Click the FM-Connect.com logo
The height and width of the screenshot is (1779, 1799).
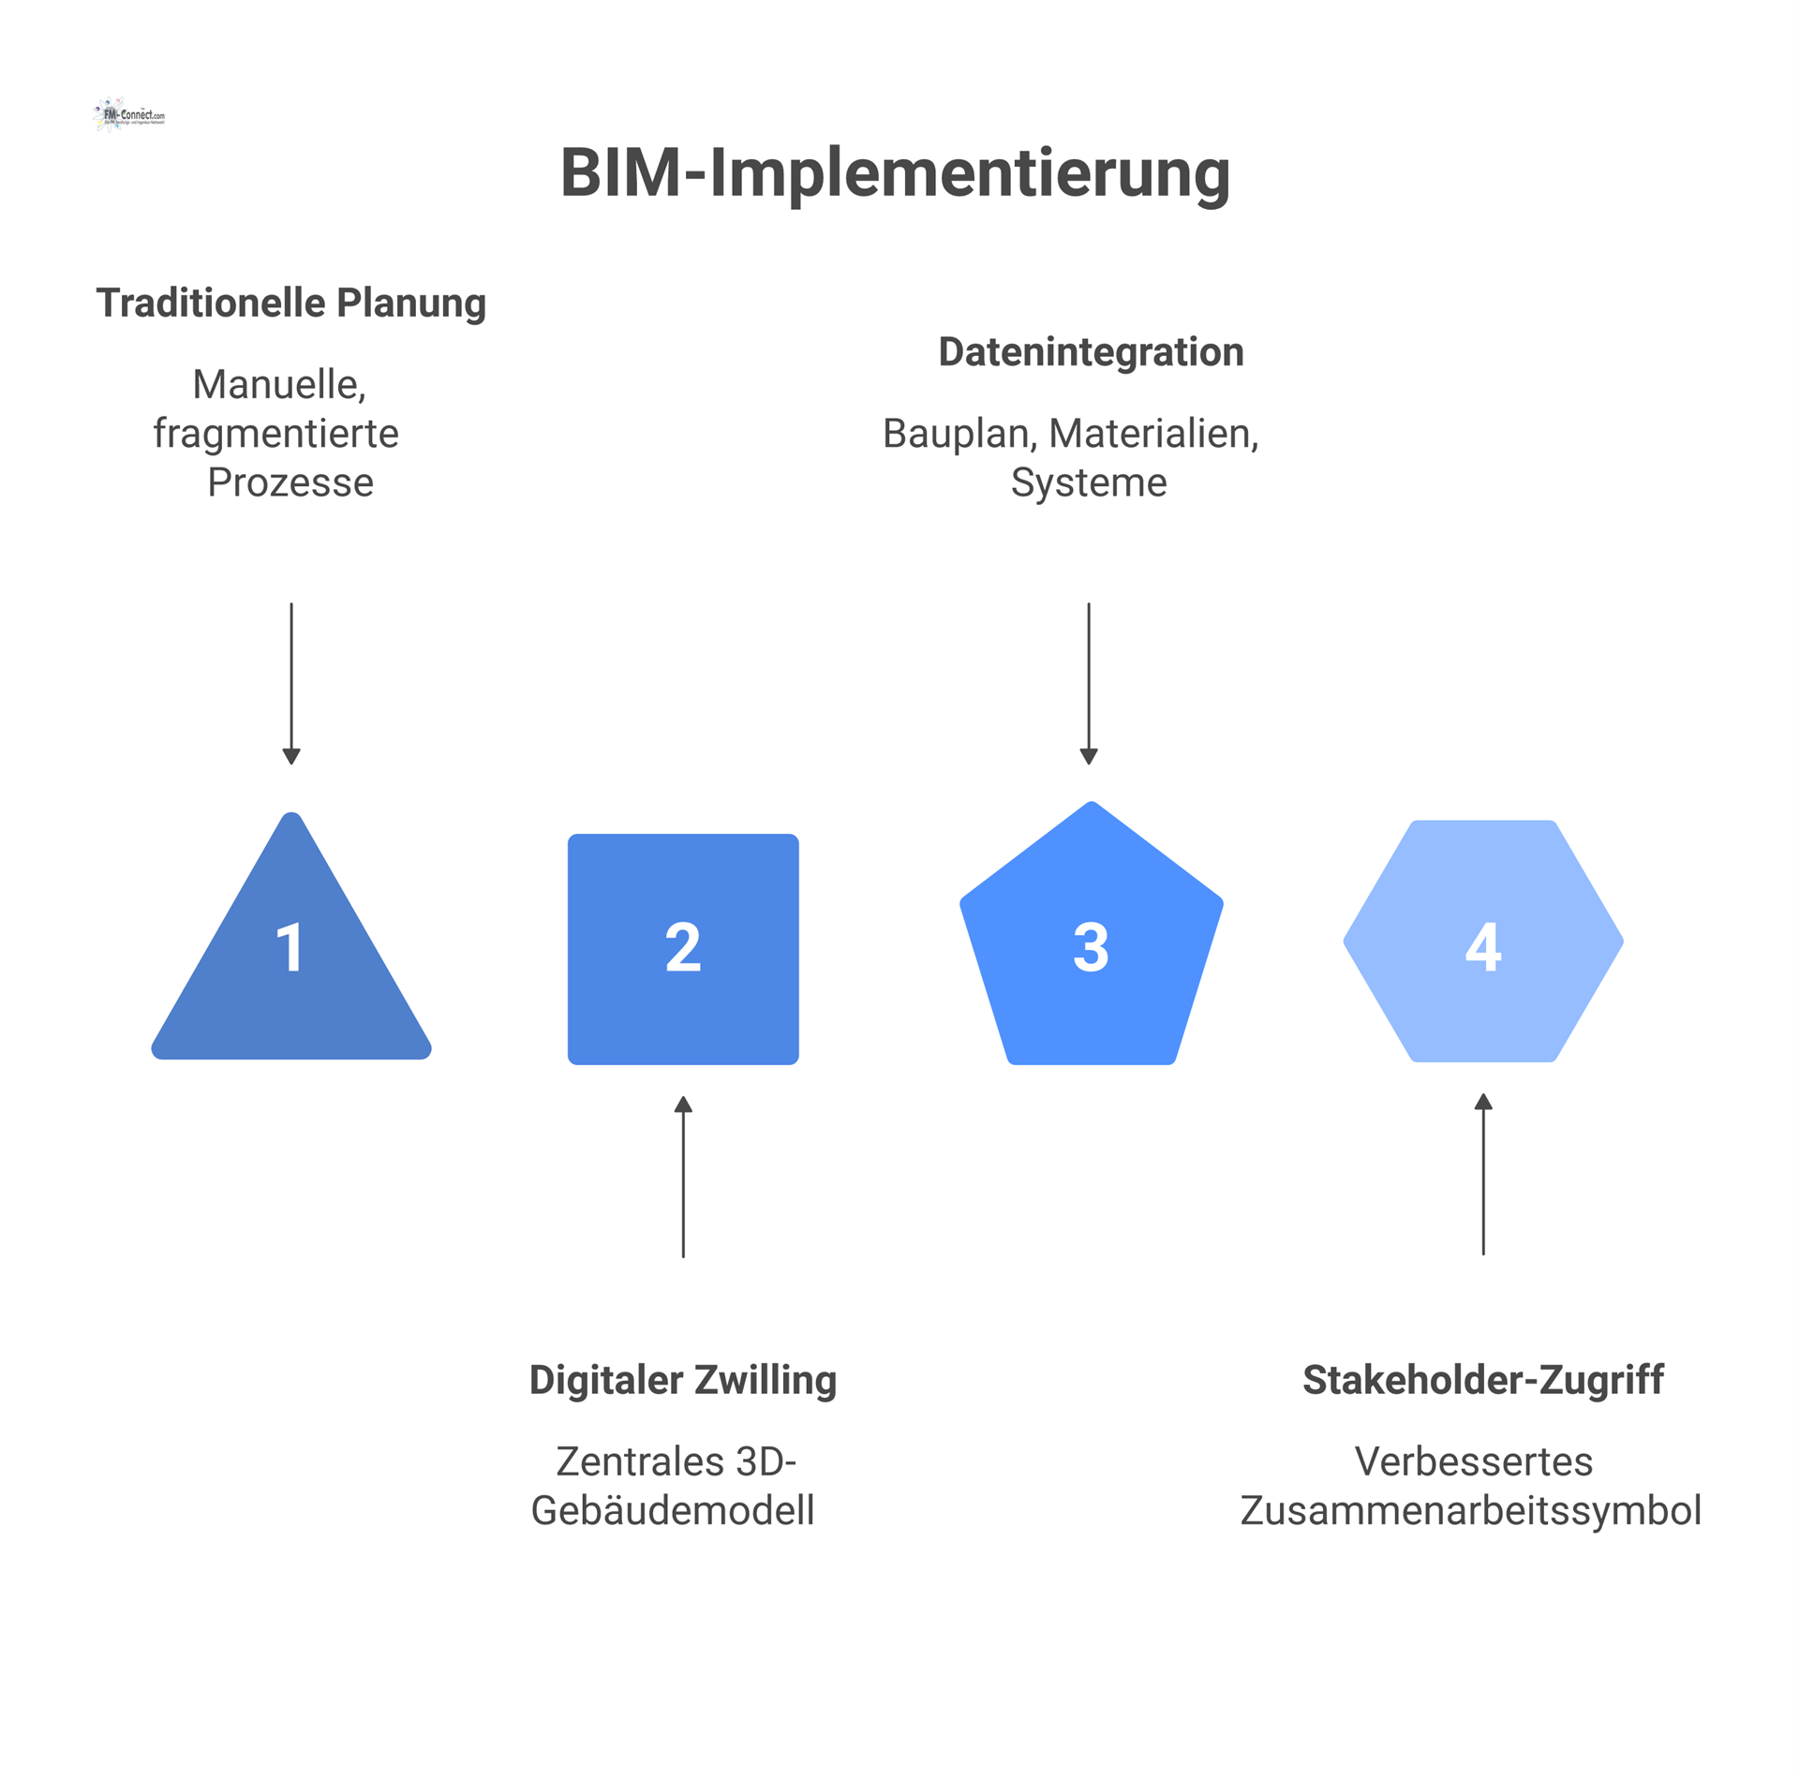[x=129, y=115]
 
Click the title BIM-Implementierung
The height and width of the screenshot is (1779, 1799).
[x=895, y=173]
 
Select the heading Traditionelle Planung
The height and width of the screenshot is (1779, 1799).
[x=290, y=303]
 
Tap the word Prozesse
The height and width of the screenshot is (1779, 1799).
[x=290, y=482]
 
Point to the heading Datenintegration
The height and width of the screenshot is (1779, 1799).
[x=1091, y=352]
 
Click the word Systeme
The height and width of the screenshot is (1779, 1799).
[x=1089, y=482]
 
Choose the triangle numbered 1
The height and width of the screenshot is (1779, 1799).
[x=290, y=965]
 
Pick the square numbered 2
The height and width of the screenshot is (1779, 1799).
[x=683, y=948]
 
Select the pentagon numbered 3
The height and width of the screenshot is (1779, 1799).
[x=1091, y=946]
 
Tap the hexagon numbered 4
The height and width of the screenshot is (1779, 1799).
[x=1482, y=942]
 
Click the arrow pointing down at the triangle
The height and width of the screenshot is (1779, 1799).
[x=291, y=683]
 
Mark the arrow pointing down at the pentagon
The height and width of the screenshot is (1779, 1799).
[x=1089, y=683]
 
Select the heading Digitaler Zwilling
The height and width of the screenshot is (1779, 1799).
[x=682, y=1380]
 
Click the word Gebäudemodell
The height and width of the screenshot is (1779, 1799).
[x=673, y=1511]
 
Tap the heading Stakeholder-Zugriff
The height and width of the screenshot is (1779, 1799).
[x=1482, y=1380]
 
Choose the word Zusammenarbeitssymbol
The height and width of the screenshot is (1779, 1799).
[x=1471, y=1511]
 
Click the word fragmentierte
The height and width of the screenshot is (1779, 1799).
[x=276, y=434]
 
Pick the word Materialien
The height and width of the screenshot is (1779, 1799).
[x=1153, y=434]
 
